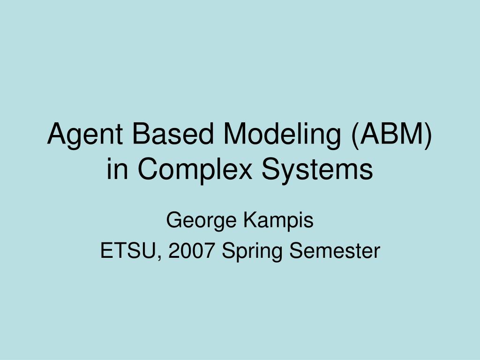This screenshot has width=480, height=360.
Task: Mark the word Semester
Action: [x=334, y=251]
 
